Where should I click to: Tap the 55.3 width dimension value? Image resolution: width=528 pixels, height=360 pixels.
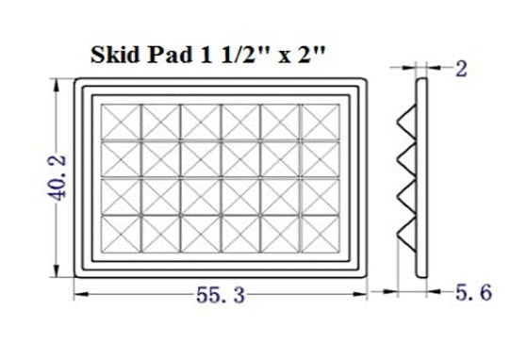pyautogui.click(x=220, y=295)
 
